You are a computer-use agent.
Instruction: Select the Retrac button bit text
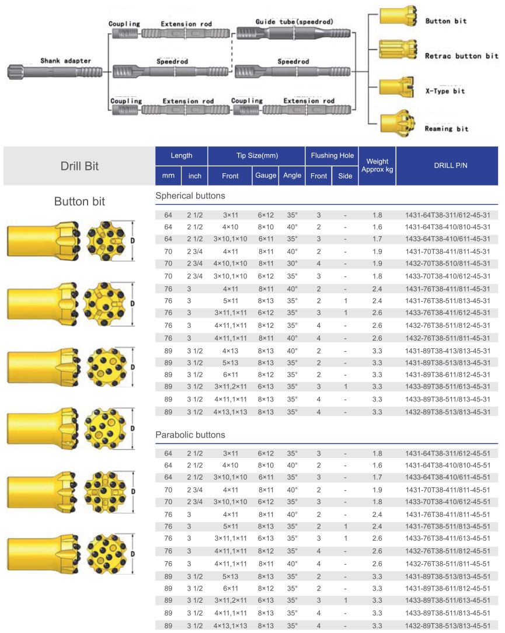(x=461, y=56)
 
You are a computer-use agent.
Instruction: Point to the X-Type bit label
(x=445, y=92)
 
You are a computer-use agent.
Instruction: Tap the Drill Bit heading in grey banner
(x=79, y=166)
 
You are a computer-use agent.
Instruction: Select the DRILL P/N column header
(x=447, y=166)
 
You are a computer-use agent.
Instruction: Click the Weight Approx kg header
(x=377, y=166)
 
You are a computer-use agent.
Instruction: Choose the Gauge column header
(x=265, y=176)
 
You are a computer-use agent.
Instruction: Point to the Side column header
(x=345, y=176)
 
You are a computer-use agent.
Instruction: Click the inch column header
(x=194, y=176)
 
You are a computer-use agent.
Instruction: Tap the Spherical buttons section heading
(x=190, y=196)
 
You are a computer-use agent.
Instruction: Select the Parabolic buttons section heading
(x=190, y=435)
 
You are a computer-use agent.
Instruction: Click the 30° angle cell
(x=292, y=264)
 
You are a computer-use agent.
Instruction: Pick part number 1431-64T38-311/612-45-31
(x=447, y=215)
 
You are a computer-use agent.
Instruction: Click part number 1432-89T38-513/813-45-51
(x=447, y=626)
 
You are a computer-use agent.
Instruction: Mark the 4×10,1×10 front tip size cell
(x=230, y=264)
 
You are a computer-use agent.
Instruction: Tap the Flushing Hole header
(x=332, y=156)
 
